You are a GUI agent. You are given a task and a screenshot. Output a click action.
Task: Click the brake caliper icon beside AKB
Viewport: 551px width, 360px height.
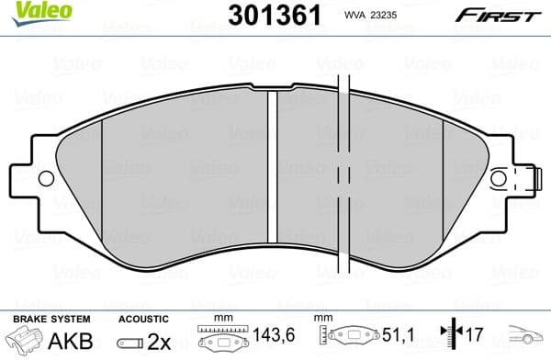[x=28, y=342]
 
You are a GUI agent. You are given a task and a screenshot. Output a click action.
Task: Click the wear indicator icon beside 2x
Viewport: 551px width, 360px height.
[x=129, y=342]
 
